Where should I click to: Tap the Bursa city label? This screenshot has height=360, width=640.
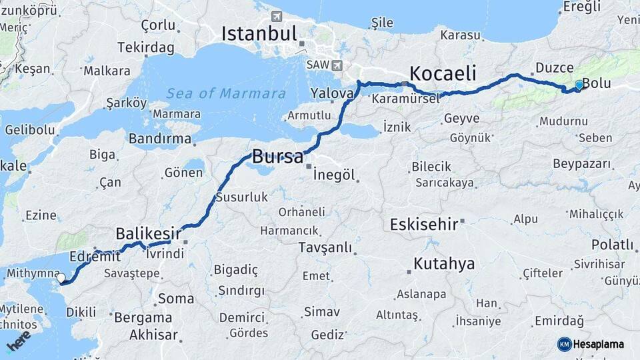pos(278,159)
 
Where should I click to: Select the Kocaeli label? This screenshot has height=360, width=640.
pos(443,73)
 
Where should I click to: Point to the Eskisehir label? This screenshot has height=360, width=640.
pos(424,223)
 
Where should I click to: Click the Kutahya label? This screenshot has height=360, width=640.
pos(444,264)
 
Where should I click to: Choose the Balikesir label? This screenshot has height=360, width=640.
pos(149,233)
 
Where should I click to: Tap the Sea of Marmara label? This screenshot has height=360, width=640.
pos(226,93)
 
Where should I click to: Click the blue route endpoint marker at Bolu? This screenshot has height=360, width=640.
pos(579,85)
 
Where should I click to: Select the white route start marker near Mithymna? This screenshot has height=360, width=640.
pos(61,277)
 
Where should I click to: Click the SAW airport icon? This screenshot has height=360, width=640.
pos(337,66)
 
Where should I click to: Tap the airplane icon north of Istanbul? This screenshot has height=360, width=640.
pos(277,15)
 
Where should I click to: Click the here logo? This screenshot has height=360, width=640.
pos(19,342)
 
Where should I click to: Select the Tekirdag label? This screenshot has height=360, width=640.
pos(145,48)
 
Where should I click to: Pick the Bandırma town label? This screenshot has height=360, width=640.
pos(160,139)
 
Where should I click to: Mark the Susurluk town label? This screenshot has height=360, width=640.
pos(241,197)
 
